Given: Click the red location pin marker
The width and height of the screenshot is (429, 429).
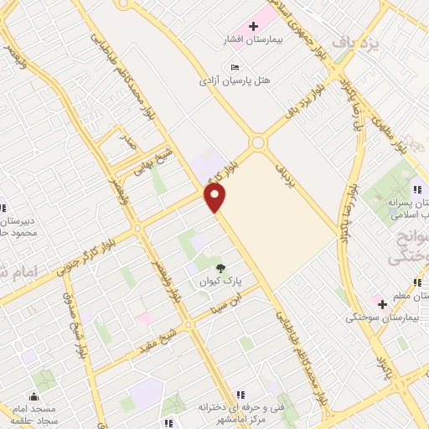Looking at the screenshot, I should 215,198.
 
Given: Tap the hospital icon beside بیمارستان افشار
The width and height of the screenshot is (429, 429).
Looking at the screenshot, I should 254,27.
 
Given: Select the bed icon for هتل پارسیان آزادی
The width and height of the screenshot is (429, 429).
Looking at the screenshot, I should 234,67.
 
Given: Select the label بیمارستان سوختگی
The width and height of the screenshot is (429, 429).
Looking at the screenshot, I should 382,318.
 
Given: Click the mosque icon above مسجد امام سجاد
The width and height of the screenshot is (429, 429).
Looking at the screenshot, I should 34,396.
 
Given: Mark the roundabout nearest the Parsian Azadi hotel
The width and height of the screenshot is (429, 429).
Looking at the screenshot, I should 258,142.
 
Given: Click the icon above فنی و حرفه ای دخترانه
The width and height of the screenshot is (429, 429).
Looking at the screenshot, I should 240,394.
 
